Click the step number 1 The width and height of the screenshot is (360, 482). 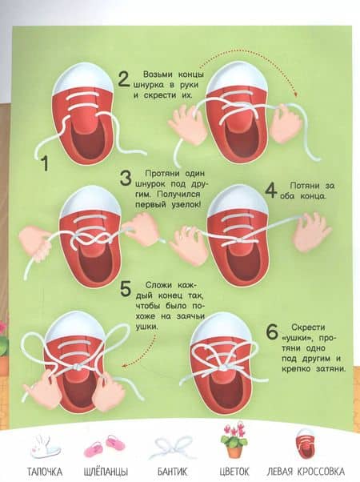[x=45, y=163]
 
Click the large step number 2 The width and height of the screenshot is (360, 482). [x=124, y=79]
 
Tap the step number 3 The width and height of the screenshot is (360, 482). [x=126, y=179]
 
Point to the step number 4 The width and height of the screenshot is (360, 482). [x=271, y=191]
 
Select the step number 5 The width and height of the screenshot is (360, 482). [x=126, y=289]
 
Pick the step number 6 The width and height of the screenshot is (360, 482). [x=272, y=332]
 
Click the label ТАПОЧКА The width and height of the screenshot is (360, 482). [x=45, y=472]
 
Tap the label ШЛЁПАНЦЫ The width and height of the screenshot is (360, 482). [x=106, y=472]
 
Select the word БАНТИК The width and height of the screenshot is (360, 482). [x=172, y=472]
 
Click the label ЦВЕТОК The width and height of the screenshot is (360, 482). [x=234, y=472]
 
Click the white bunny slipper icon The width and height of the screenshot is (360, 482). [x=45, y=447]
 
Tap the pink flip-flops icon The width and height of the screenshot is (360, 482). [x=105, y=447]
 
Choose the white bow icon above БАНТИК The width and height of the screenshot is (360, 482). [x=173, y=448]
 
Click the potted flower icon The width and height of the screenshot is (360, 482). [x=234, y=441]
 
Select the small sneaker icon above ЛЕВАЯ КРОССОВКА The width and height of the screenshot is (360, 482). [x=306, y=444]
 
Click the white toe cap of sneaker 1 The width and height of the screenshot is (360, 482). [x=83, y=79]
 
